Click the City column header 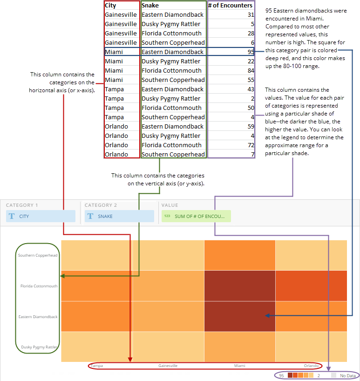111,6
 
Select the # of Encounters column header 231,6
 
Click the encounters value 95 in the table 251,52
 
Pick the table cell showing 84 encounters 251,71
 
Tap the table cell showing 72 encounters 251,145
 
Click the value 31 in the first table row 251,15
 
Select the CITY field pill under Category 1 41,216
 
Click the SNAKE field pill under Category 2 119,216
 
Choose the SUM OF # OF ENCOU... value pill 196,216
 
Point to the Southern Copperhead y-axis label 38,255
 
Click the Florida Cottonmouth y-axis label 39,286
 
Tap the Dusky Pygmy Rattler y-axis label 39,347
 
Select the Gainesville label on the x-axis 168,366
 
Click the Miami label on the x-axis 239,366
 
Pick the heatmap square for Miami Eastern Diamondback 239,316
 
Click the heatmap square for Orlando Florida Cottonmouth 311,286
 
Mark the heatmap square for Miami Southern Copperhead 239,255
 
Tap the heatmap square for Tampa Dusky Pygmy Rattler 97,347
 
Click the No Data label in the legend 347,375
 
